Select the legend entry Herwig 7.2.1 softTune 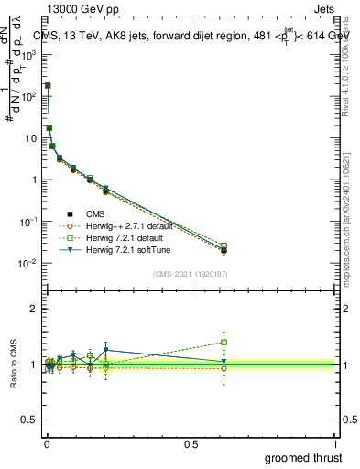[x=121, y=248]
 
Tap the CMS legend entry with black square [x=94, y=213]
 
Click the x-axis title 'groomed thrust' [x=303, y=456]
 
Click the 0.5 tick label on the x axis [x=191, y=443]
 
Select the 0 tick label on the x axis [x=46, y=443]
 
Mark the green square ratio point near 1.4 [x=224, y=343]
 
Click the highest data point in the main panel [x=48, y=85]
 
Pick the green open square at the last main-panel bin [x=224, y=245]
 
